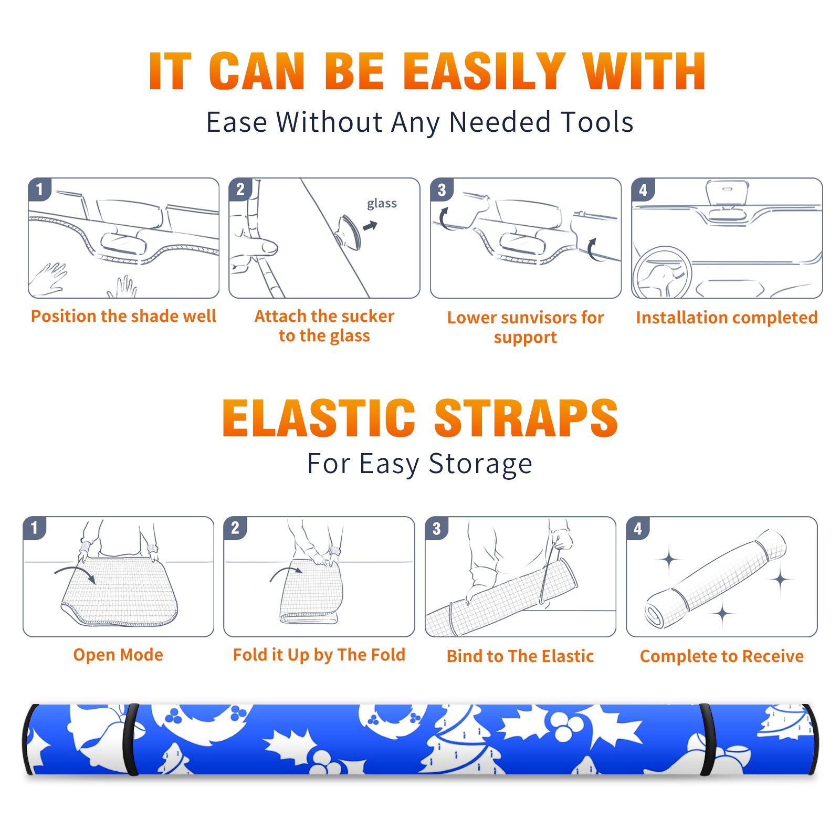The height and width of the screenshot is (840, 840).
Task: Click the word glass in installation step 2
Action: [382, 203]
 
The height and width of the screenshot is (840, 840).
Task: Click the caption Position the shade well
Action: [123, 316]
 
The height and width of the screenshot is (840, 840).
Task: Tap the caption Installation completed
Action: [727, 318]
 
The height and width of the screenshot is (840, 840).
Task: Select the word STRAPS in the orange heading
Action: [526, 418]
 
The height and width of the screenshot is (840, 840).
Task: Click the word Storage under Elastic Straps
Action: [480, 464]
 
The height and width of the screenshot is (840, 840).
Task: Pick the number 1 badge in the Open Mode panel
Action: [35, 528]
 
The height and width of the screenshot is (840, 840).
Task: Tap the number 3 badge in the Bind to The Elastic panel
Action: [437, 528]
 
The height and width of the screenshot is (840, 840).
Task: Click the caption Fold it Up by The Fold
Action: [319, 655]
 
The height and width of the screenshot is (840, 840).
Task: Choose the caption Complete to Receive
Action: [722, 656]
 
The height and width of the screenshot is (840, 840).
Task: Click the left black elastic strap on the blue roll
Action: [131, 740]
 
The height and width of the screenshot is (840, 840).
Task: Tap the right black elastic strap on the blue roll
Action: [708, 740]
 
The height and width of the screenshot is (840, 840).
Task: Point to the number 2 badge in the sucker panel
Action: [240, 190]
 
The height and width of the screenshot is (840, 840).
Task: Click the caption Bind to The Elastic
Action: [520, 656]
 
